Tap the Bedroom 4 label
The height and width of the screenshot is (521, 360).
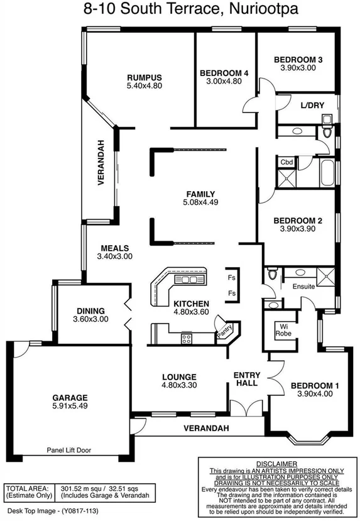(224, 73)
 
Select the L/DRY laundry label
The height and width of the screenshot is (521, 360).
(312, 105)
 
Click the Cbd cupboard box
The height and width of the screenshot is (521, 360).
(286, 162)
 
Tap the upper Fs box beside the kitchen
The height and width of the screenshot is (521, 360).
(231, 277)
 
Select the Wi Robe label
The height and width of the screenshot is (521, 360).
(283, 330)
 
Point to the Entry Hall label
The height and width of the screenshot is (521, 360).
(246, 380)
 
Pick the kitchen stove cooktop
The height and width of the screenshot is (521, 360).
(187, 339)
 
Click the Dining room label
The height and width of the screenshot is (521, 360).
(90, 310)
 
